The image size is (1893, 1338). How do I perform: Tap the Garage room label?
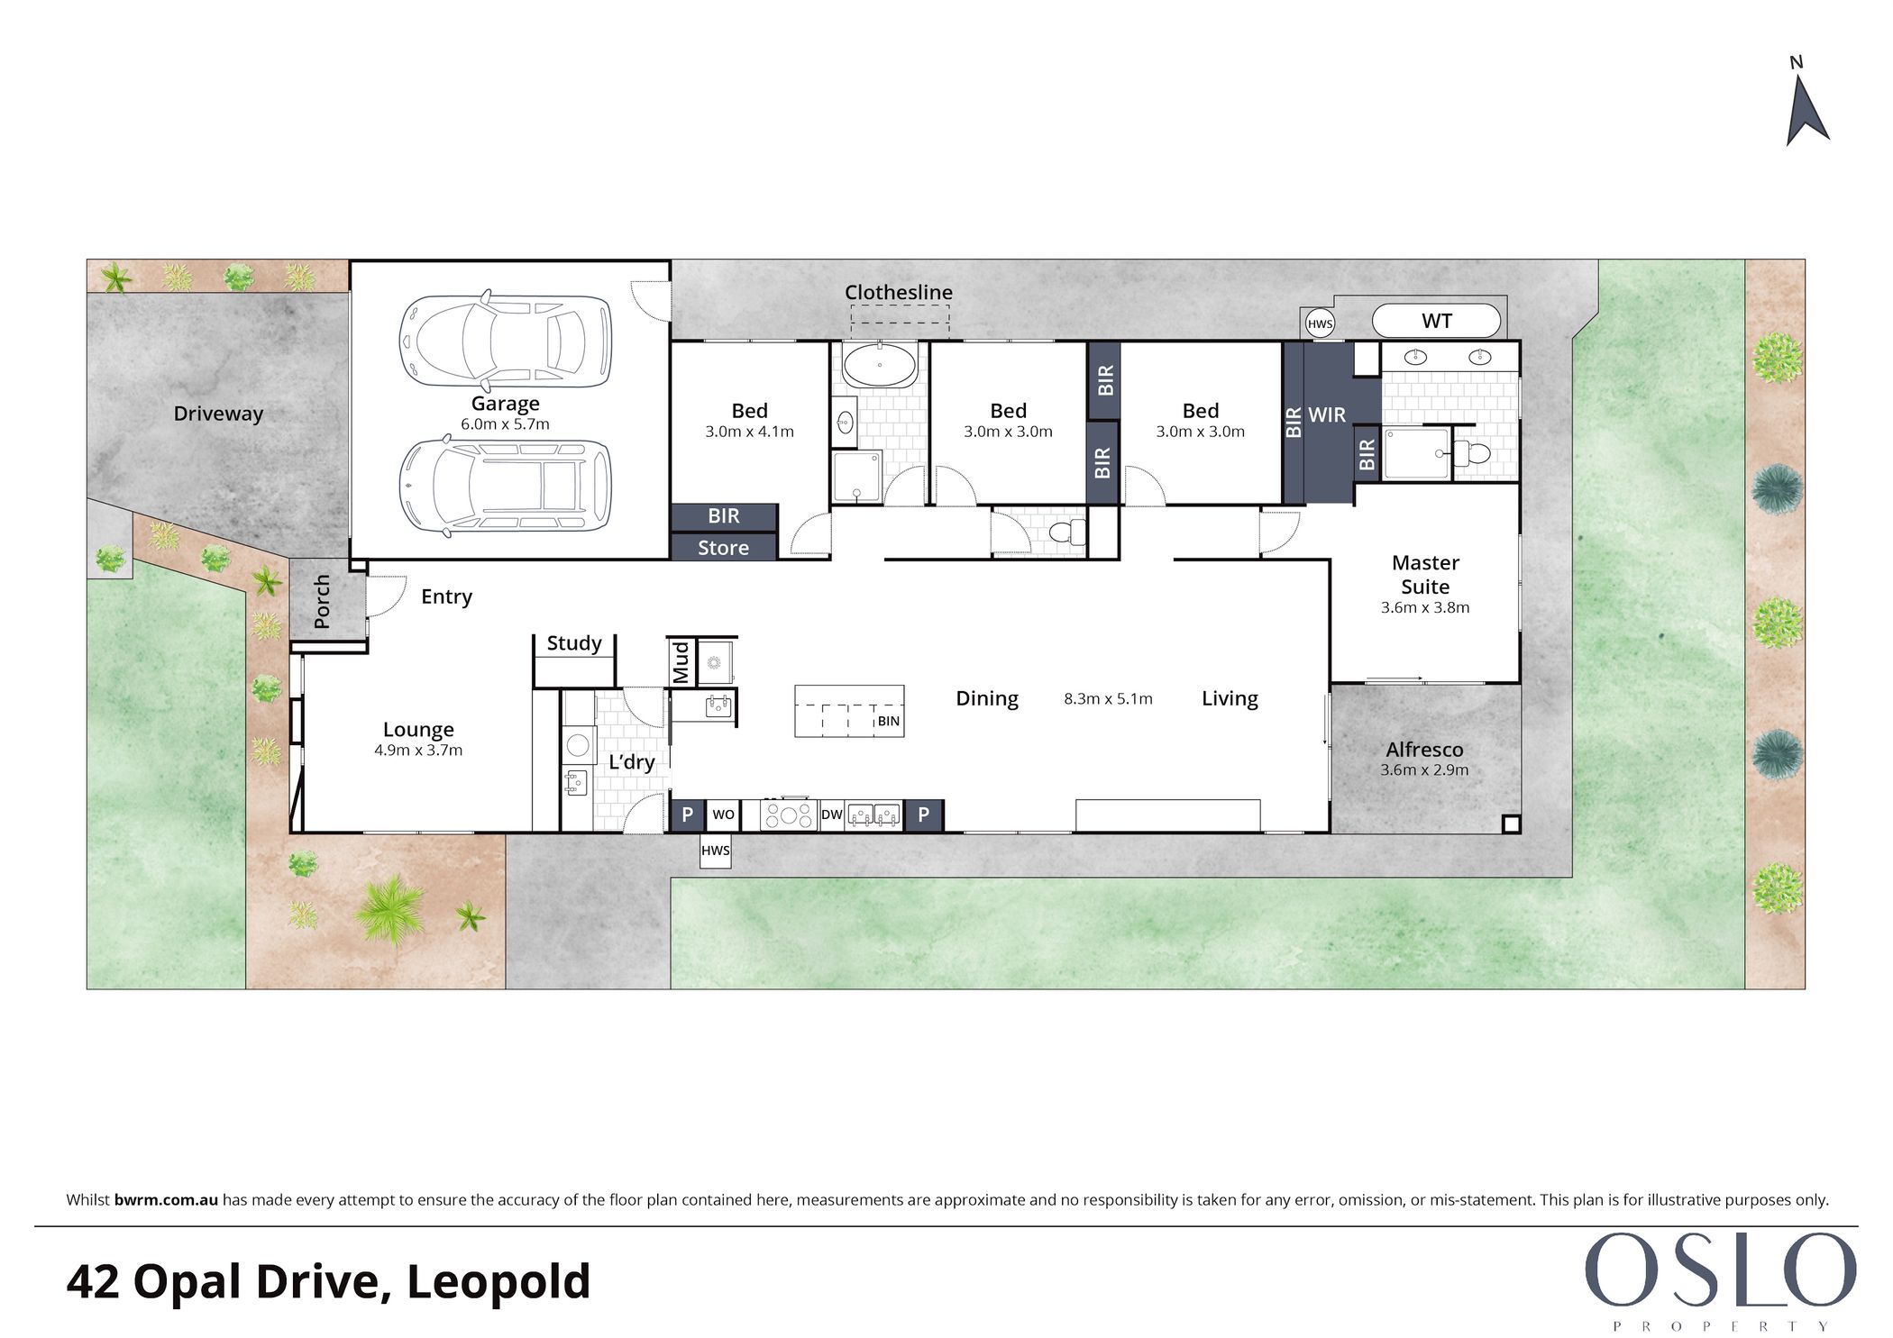[505, 404]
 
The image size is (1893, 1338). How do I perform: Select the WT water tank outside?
[1436, 321]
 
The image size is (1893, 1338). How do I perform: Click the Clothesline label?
[898, 292]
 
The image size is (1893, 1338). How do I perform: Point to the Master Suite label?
[1425, 575]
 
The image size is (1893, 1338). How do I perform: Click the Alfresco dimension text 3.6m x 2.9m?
[1424, 770]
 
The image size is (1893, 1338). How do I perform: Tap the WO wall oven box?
[723, 815]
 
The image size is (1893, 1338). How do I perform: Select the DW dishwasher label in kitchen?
[831, 815]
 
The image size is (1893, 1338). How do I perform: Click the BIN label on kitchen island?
[888, 721]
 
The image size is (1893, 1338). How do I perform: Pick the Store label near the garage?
[723, 548]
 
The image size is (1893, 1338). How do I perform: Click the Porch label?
[322, 601]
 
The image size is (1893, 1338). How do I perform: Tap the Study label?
[574, 643]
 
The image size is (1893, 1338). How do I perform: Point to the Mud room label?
[681, 662]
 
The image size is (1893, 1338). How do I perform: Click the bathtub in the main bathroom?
[879, 365]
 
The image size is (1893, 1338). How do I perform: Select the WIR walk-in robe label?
[1327, 415]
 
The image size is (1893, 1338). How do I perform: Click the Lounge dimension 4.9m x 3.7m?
[418, 751]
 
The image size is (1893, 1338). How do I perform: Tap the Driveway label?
[218, 414]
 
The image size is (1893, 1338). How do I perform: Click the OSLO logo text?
[1720, 1271]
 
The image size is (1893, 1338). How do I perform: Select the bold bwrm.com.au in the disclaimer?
[166, 1200]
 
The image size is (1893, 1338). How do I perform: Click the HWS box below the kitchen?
[716, 851]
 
